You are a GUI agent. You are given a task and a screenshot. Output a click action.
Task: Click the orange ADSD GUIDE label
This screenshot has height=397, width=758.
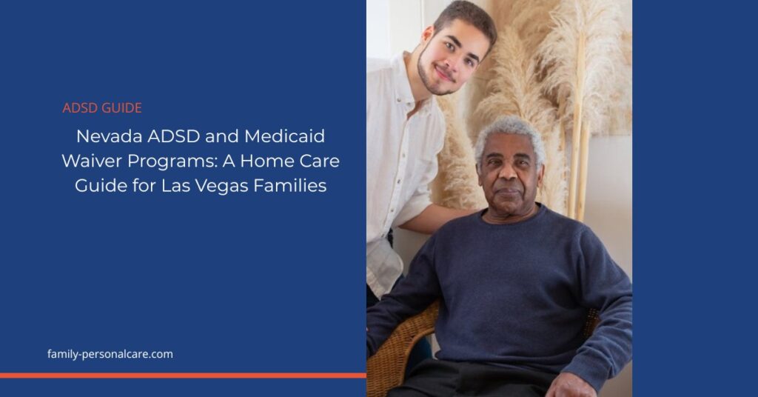pos(102,108)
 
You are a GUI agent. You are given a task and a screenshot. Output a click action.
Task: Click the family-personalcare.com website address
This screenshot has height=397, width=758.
pos(110,354)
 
